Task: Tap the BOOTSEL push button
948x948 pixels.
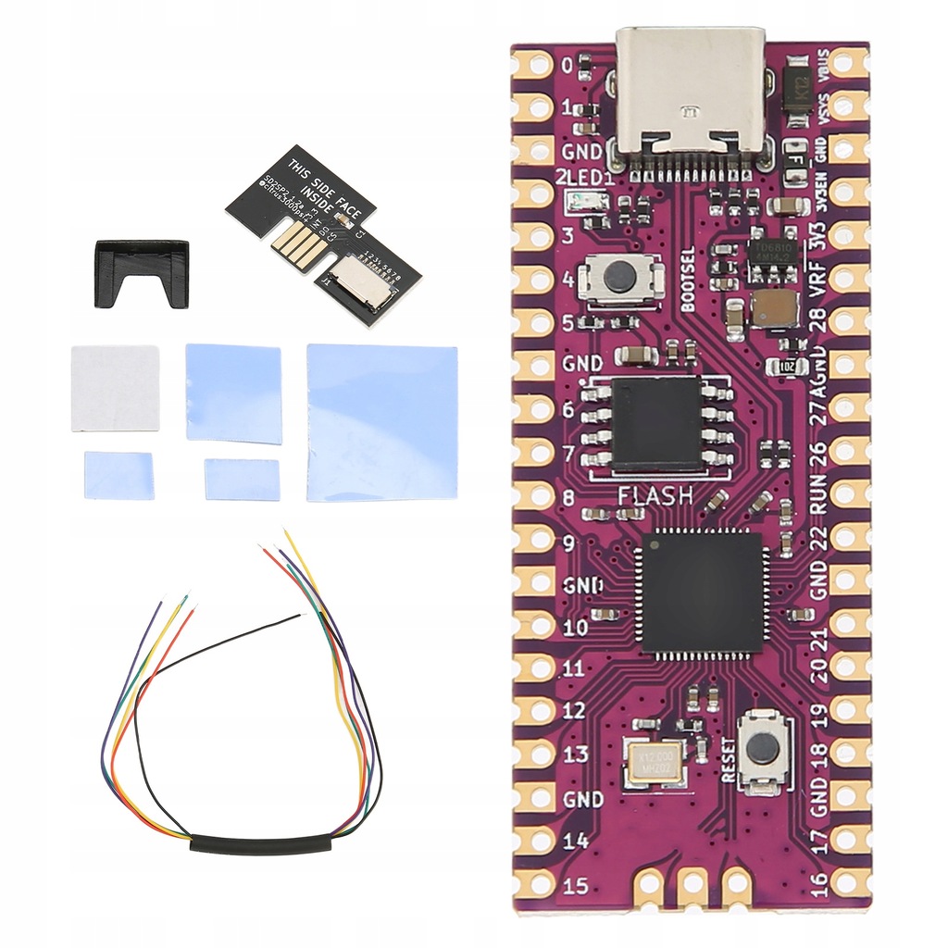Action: point(620,277)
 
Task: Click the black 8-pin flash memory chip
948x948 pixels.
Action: point(656,423)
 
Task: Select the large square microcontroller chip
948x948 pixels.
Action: point(701,592)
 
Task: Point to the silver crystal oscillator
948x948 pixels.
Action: point(654,763)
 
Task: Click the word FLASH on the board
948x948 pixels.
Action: point(655,495)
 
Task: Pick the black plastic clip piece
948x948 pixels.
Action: point(142,272)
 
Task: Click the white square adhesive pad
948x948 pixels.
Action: point(115,388)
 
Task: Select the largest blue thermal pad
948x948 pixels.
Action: point(381,422)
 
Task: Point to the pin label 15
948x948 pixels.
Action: point(575,885)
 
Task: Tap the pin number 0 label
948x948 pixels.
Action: point(567,66)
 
